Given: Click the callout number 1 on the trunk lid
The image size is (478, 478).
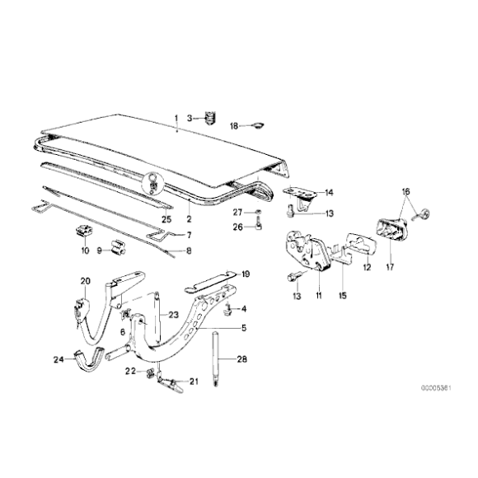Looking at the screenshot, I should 176,119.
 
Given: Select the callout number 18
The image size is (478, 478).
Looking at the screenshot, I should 233,126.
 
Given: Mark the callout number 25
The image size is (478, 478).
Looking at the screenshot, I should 166,218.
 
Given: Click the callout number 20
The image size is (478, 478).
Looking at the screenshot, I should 83,281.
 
